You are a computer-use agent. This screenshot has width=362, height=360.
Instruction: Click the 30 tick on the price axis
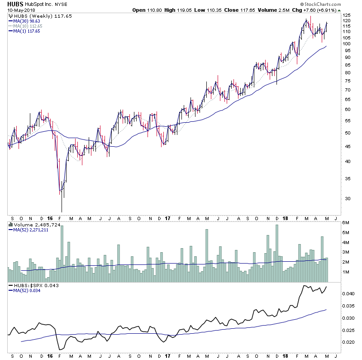346,198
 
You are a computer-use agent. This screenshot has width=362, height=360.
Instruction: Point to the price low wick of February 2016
62,209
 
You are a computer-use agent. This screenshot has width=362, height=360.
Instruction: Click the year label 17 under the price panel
167,217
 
